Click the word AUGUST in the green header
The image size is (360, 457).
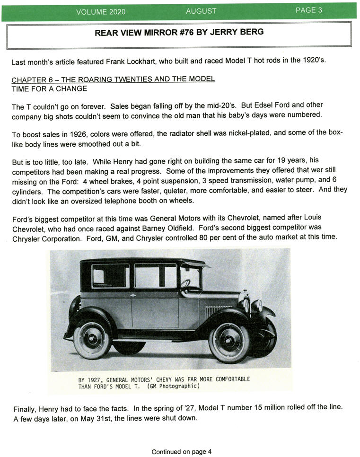click(x=201, y=11)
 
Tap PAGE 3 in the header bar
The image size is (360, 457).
click(x=309, y=10)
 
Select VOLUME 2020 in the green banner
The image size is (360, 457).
click(x=101, y=12)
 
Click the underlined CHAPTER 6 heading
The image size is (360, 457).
click(x=114, y=79)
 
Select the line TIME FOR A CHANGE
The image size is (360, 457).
click(x=50, y=88)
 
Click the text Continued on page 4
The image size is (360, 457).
click(x=182, y=452)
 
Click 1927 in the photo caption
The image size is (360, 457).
click(x=95, y=379)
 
